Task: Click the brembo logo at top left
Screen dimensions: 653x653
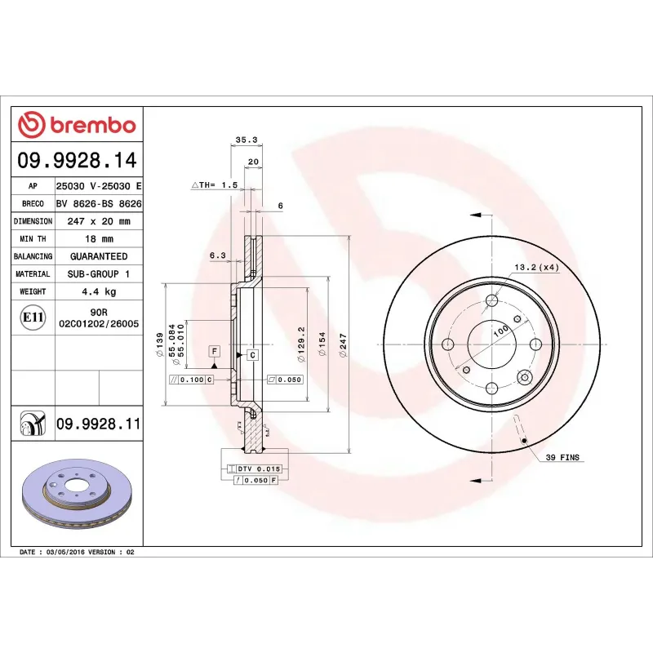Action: tap(77, 125)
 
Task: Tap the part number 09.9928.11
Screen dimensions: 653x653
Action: tap(99, 424)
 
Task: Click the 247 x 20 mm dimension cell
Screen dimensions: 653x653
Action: tap(98, 221)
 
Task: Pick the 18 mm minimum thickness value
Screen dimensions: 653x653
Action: tap(98, 239)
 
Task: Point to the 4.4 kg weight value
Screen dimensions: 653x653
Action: tap(98, 291)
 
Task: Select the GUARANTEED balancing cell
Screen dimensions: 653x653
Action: tap(98, 256)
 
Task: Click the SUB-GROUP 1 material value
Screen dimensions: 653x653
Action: tap(98, 274)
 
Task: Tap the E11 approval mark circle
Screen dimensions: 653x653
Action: tap(33, 317)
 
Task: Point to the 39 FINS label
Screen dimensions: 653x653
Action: tap(563, 458)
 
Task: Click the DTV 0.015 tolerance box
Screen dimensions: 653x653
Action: tap(259, 469)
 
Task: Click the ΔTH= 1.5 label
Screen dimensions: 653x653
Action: tap(214, 186)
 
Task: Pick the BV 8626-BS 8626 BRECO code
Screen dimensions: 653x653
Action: tap(98, 204)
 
